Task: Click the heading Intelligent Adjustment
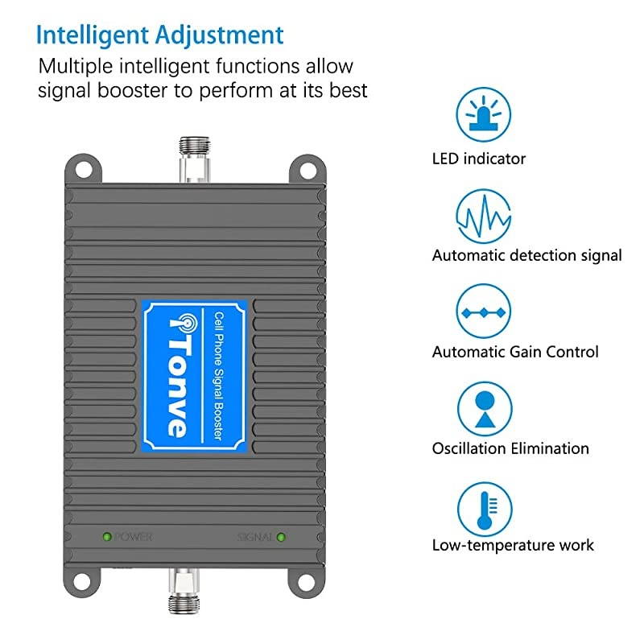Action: pyautogui.click(x=159, y=35)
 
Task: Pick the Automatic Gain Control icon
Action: pyautogui.click(x=485, y=311)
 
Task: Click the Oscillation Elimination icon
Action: pyautogui.click(x=485, y=408)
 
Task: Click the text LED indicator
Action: pyautogui.click(x=478, y=159)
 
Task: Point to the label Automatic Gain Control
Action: pyautogui.click(x=515, y=352)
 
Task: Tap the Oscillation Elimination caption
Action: pyautogui.click(x=510, y=448)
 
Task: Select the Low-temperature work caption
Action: pyautogui.click(x=513, y=545)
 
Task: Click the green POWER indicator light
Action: pyautogui.click(x=106, y=535)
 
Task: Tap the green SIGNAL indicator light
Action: pyautogui.click(x=281, y=535)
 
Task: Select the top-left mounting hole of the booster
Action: pyautogui.click(x=85, y=168)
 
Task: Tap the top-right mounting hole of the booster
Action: pyautogui.click(x=306, y=168)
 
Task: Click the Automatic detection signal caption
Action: pyautogui.click(x=526, y=255)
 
